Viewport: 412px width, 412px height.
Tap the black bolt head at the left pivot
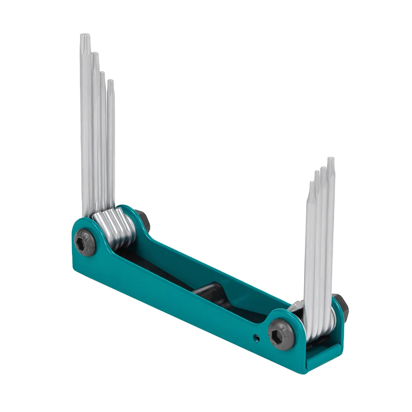click(x=84, y=243)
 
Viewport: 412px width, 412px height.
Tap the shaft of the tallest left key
click(x=86, y=134)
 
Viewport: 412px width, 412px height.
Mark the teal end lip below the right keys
click(x=324, y=357)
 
